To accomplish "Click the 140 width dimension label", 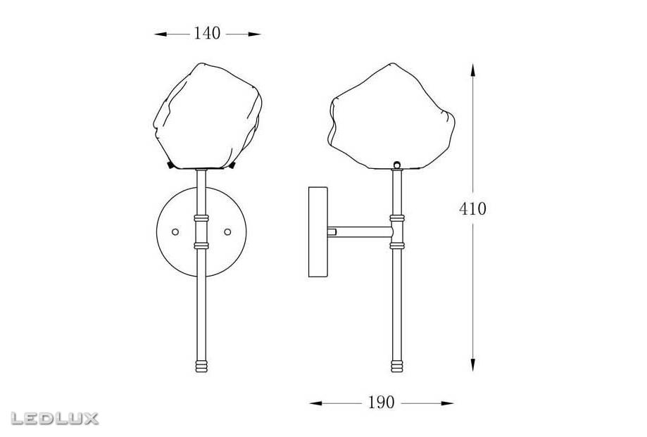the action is tap(207, 33).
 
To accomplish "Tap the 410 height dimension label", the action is tap(472, 209).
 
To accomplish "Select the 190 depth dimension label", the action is tap(381, 403).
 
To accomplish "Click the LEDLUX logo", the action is tap(54, 418).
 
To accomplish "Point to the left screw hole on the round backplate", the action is tap(175, 232).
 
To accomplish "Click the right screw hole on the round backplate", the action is tap(227, 232).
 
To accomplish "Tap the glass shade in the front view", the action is tap(208, 116).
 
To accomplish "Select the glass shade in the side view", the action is tap(392, 116).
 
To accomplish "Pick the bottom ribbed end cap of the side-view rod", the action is tap(397, 366).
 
